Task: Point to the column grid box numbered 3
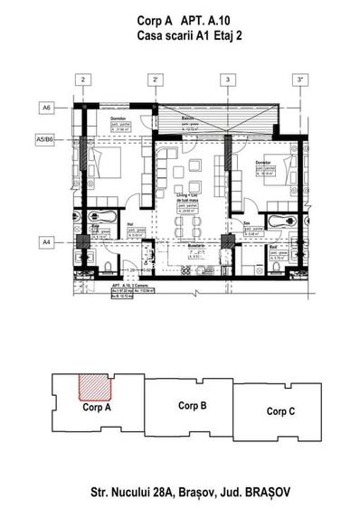pyautogui.click(x=227, y=80)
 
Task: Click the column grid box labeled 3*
pyautogui.click(x=299, y=80)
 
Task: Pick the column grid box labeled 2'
pyautogui.click(x=156, y=80)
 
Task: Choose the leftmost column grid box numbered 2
pyautogui.click(x=83, y=80)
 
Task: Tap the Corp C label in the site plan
pyautogui.click(x=282, y=410)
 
